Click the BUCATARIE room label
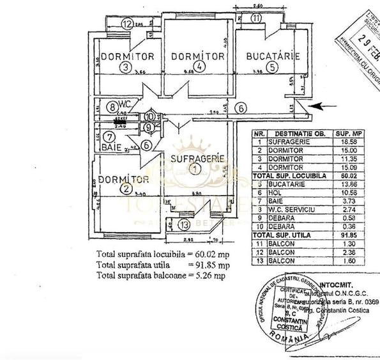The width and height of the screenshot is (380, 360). click(x=273, y=56)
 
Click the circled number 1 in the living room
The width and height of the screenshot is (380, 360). click(x=195, y=168)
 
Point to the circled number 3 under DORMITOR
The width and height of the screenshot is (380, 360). click(x=126, y=67)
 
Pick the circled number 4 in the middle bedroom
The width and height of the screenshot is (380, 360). click(x=200, y=67)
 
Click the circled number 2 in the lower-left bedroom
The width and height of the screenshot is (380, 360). click(x=126, y=188)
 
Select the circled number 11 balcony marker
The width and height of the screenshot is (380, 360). click(x=256, y=19)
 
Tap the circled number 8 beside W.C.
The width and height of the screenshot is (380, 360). click(x=112, y=107)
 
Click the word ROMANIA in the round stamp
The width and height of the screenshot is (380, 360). click(x=283, y=336)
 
